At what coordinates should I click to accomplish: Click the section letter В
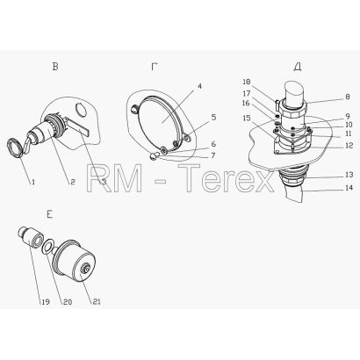(x=55, y=67)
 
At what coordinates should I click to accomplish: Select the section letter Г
(x=155, y=67)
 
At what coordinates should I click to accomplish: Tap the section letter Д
(x=298, y=68)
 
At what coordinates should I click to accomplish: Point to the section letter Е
(x=49, y=215)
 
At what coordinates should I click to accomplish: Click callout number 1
(x=33, y=182)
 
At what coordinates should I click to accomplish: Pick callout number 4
(x=199, y=86)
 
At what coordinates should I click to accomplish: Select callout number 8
(x=348, y=97)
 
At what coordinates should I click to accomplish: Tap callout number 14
(x=349, y=188)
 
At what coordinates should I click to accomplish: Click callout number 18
(x=247, y=82)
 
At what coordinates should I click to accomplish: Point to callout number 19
(x=46, y=302)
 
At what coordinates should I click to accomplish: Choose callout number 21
(x=97, y=302)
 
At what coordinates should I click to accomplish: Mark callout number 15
(x=247, y=118)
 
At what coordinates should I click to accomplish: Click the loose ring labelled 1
(x=14, y=148)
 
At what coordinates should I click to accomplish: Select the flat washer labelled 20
(x=48, y=247)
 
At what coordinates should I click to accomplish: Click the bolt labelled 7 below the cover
(x=155, y=157)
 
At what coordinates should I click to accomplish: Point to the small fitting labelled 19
(x=31, y=237)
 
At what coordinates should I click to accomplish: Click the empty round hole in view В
(x=81, y=110)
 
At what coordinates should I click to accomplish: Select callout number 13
(x=349, y=175)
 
